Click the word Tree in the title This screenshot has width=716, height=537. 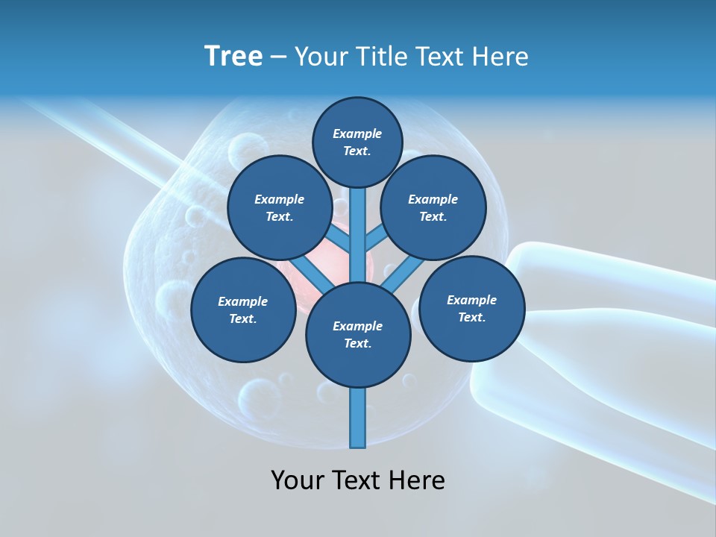tap(233, 57)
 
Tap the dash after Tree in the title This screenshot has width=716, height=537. tap(278, 57)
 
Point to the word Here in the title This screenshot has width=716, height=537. tap(499, 57)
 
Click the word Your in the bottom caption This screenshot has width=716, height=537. tap(298, 480)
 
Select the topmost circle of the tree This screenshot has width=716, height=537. tap(357, 142)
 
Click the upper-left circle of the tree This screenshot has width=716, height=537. tap(280, 207)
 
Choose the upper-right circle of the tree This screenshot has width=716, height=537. tap(433, 207)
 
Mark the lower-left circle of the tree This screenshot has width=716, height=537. tap(243, 310)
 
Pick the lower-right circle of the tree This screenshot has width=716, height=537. tap(472, 308)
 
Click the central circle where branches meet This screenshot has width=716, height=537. tap(358, 335)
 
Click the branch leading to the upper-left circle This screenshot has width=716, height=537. tap(339, 239)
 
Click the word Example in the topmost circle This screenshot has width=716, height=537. tap(357, 134)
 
